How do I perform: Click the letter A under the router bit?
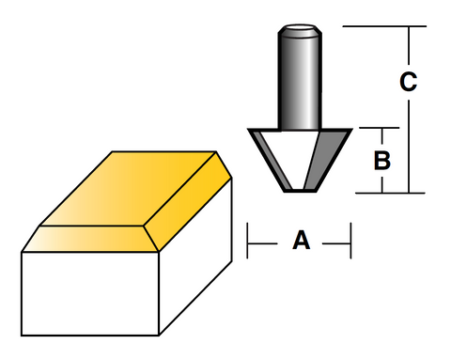(301, 242)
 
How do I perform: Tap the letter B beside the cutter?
(381, 160)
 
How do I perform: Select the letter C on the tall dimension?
(407, 83)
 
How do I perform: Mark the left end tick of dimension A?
(247, 242)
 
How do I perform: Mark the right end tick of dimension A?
(350, 242)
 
